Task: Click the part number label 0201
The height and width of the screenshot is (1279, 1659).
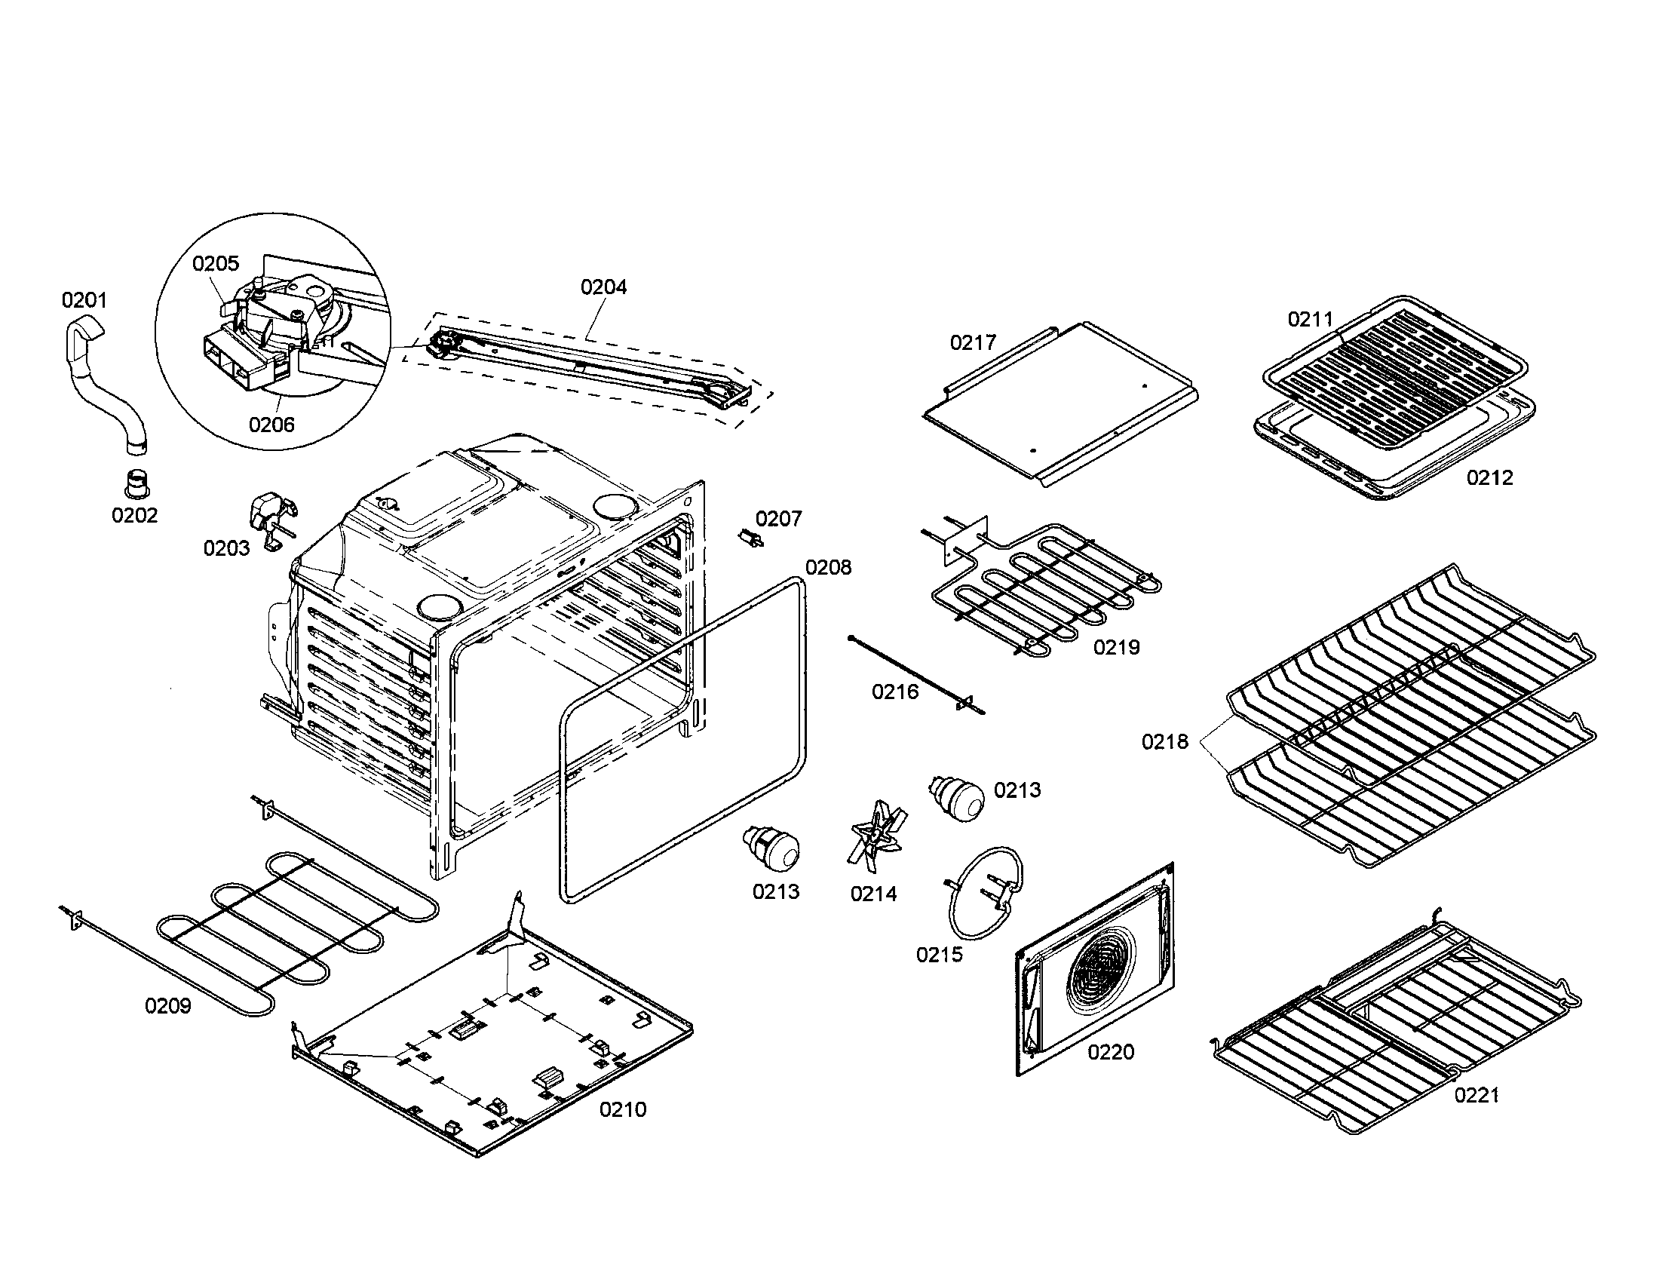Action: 84,300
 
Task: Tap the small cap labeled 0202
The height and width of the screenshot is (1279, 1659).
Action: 136,482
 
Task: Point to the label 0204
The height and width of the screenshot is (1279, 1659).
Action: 604,287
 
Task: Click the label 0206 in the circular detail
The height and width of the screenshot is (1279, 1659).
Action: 271,425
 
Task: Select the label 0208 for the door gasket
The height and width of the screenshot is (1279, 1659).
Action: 828,567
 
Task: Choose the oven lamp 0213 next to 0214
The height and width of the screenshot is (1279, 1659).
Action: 772,848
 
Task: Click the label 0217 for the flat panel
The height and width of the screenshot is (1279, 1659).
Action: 973,343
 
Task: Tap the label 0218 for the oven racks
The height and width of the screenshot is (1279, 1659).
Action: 1164,741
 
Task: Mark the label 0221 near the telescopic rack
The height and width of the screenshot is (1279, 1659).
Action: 1477,1095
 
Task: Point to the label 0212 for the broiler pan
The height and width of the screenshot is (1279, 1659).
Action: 1489,477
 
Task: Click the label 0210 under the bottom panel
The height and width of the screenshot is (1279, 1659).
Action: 623,1109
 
